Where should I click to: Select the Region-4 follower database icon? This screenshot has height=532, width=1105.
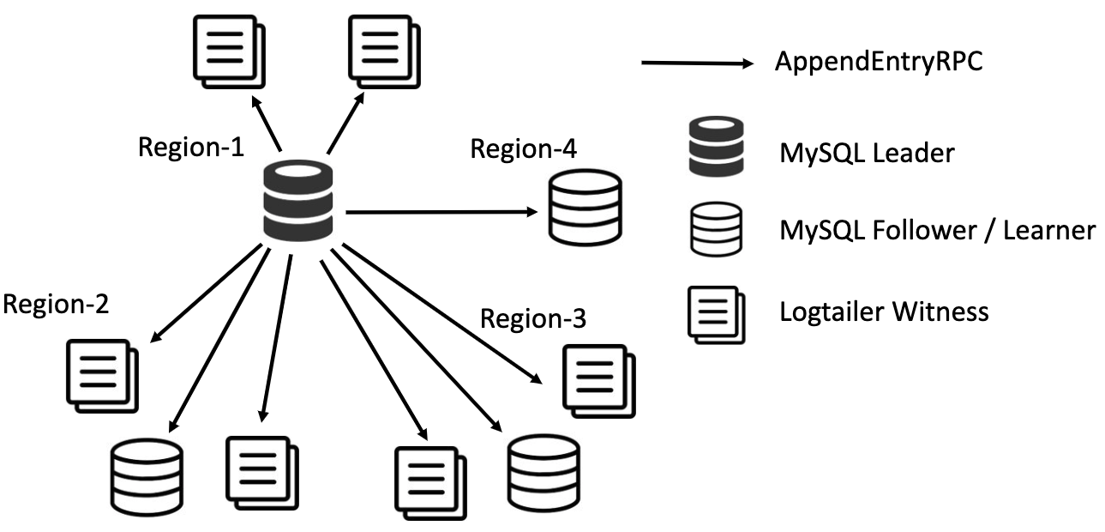tap(585, 207)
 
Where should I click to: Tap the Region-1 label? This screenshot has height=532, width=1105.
tap(191, 147)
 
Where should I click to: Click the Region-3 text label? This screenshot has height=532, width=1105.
tap(533, 319)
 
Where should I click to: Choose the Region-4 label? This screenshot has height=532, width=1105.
tap(524, 148)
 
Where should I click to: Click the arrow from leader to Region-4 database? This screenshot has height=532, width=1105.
tap(441, 210)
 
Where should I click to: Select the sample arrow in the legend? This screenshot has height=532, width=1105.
tap(697, 63)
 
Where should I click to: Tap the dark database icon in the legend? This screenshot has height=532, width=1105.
tap(714, 148)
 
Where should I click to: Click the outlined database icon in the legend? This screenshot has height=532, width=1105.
tap(714, 228)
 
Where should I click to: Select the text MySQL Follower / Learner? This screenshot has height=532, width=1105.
tap(937, 230)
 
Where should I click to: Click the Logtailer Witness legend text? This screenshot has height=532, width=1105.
tap(884, 311)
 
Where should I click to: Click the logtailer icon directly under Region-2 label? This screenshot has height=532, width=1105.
tap(102, 374)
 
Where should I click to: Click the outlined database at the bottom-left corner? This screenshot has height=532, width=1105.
tap(146, 476)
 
